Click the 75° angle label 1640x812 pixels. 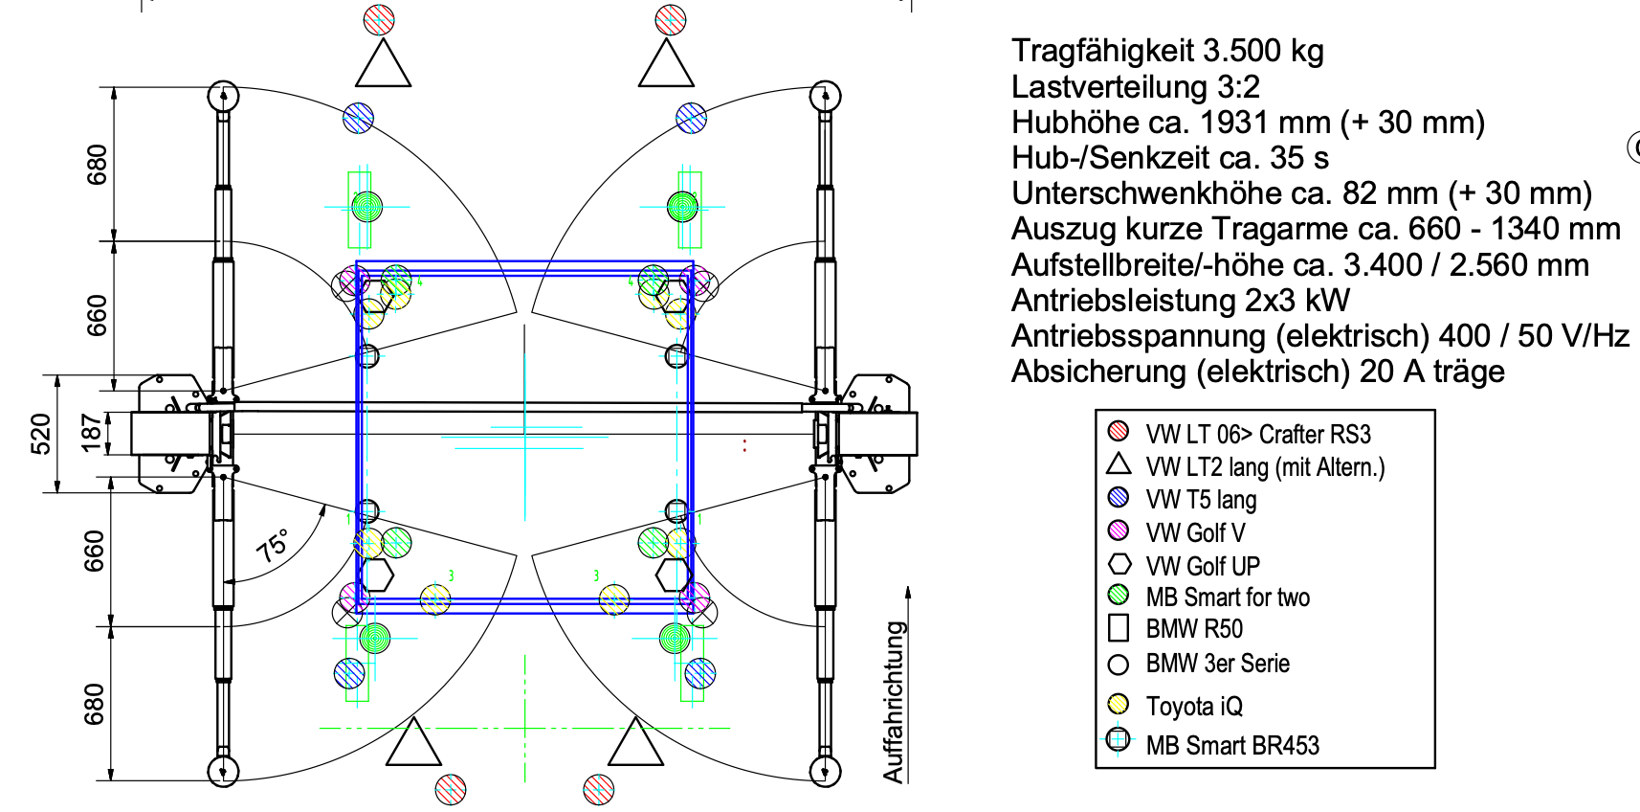point(273,545)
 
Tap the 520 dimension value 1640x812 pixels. point(42,434)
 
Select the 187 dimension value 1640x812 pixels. point(92,433)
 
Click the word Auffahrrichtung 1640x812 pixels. point(894,702)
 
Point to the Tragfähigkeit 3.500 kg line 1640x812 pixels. point(1167,52)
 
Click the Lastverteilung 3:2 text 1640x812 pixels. point(1136,87)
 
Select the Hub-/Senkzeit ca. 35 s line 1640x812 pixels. point(1170,158)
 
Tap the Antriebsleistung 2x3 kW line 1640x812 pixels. point(1180,301)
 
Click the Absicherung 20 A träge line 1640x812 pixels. point(1258,372)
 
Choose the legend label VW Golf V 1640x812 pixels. point(1196,532)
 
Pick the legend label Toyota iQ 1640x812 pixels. point(1194,707)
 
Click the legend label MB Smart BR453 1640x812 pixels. point(1232,745)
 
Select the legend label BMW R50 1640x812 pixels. point(1194,629)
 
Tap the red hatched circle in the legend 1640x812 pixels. point(1118,432)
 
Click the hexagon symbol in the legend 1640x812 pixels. point(1119,564)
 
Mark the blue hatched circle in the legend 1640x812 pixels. point(1118,498)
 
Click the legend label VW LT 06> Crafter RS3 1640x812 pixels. point(1258,435)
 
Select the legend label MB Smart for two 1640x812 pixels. point(1228,598)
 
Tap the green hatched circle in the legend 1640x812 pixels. point(1118,595)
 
